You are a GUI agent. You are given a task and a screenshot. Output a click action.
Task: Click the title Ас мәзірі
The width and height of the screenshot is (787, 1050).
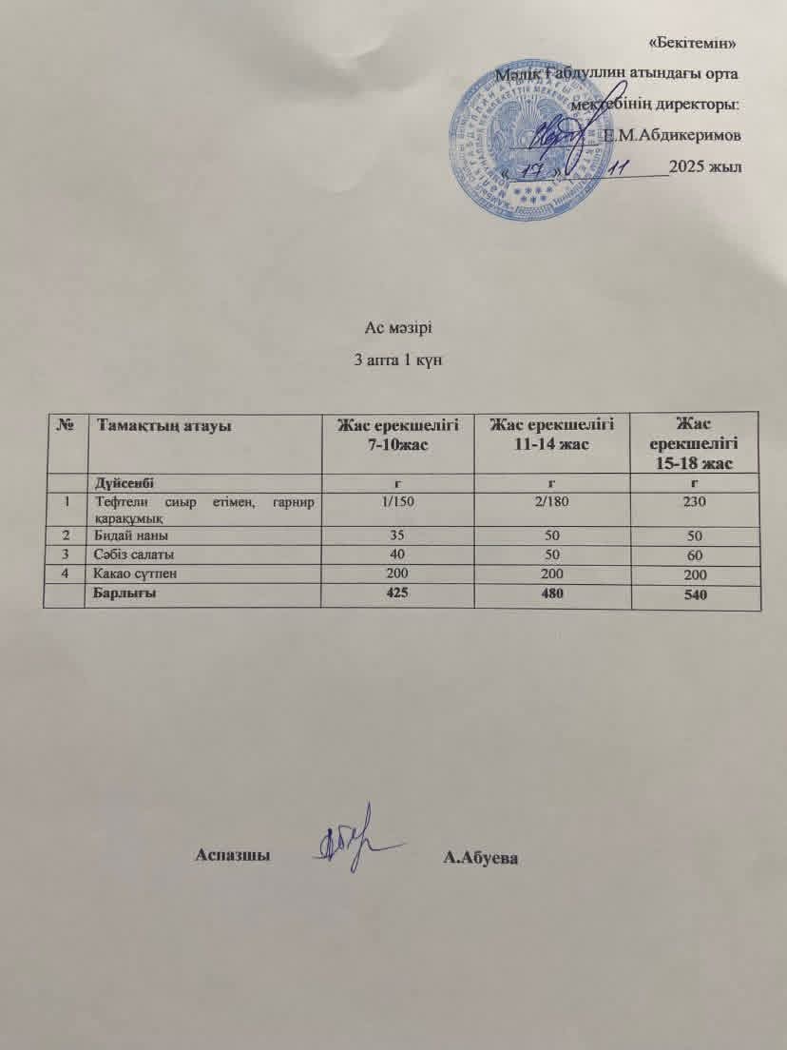coord(393,330)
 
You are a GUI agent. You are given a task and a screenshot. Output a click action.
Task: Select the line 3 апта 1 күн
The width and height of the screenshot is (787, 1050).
coord(393,361)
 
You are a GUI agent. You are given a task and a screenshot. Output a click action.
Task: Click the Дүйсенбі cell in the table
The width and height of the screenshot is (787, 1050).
coord(122,483)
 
